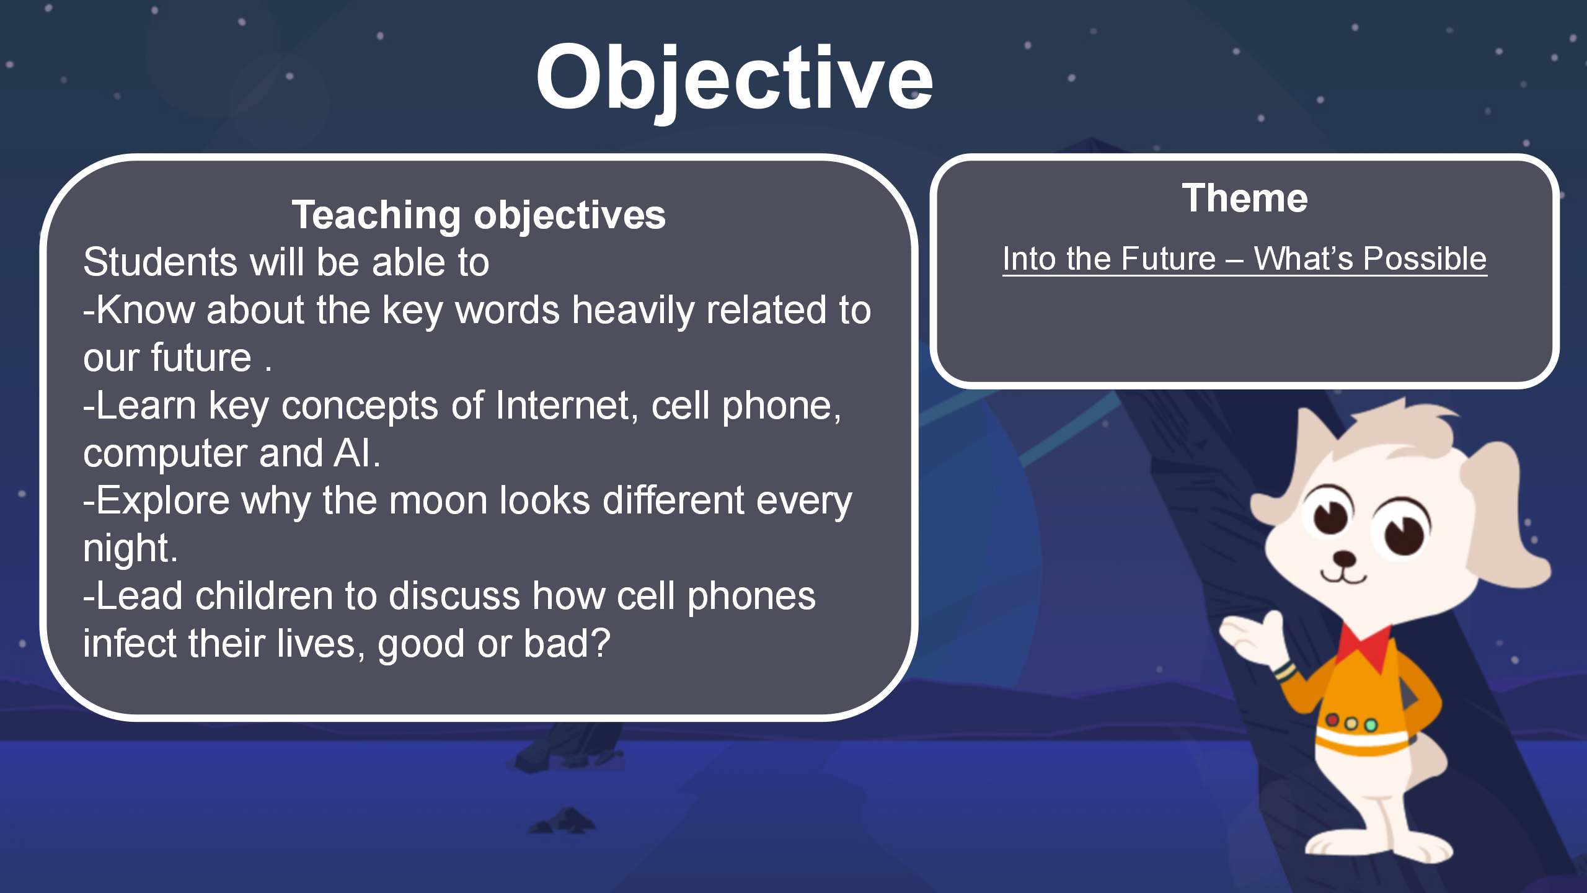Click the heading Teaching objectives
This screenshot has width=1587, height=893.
coord(479,215)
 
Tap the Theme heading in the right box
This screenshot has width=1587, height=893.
coord(1245,198)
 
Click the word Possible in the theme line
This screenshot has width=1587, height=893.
coord(1425,259)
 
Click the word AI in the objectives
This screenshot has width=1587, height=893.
coord(352,453)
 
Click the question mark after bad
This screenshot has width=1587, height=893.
coord(601,643)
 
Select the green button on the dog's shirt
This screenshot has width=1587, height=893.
coord(1371,725)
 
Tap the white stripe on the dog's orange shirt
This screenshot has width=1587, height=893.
coord(1361,740)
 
